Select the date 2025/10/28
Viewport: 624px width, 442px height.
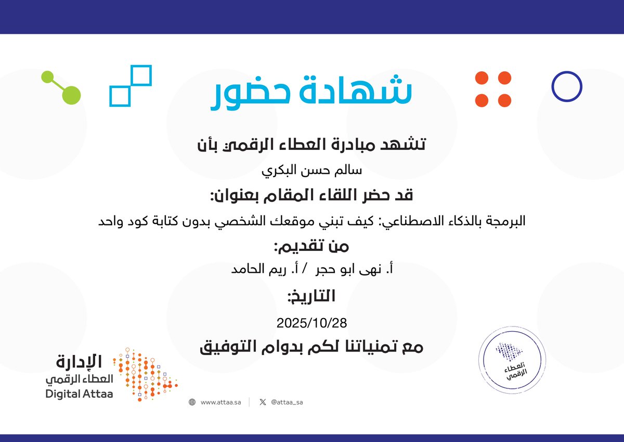pyautogui.click(x=311, y=323)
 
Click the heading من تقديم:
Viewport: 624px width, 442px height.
pyautogui.click(x=311, y=246)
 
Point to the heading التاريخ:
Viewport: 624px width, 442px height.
pyautogui.click(x=311, y=297)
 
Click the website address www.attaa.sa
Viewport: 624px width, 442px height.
pyautogui.click(x=220, y=402)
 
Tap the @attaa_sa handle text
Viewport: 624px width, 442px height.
pyautogui.click(x=287, y=402)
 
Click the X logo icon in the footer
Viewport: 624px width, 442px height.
pyautogui.click(x=263, y=402)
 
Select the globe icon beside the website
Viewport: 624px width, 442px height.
pyautogui.click(x=192, y=402)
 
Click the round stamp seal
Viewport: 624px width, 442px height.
pyautogui.click(x=512, y=360)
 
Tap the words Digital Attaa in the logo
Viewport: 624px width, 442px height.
pyautogui.click(x=79, y=394)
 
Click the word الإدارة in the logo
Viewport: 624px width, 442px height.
pyautogui.click(x=79, y=361)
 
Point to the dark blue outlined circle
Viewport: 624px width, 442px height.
pyautogui.click(x=566, y=86)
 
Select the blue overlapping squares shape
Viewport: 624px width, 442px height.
pyautogui.click(x=130, y=85)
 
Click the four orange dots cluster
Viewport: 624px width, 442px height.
pyautogui.click(x=493, y=89)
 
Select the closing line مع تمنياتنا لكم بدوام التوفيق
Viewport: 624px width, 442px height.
pyautogui.click(x=311, y=347)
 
